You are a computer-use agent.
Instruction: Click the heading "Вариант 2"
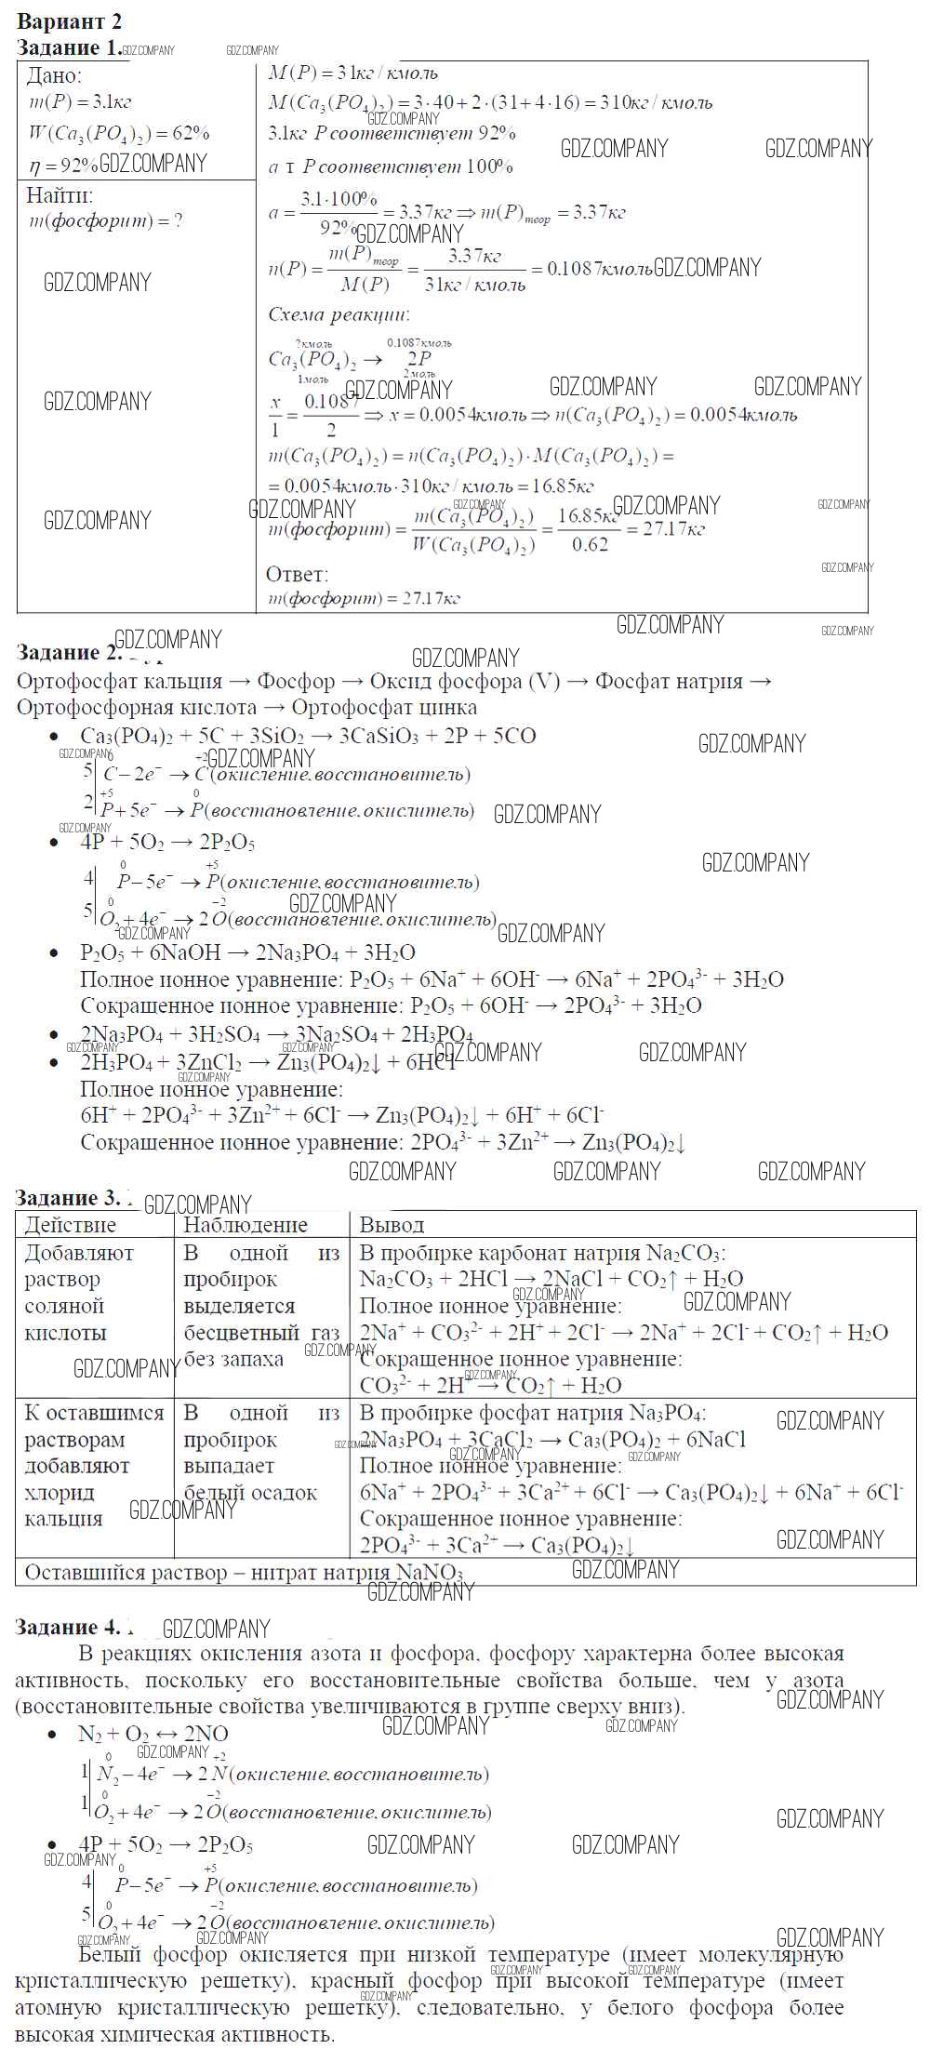(70, 21)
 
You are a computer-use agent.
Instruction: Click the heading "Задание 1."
(69, 48)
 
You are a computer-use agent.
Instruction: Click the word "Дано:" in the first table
(54, 76)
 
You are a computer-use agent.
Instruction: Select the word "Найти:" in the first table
(60, 195)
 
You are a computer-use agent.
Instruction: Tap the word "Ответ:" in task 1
(298, 574)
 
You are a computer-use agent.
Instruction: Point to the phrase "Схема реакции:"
(339, 314)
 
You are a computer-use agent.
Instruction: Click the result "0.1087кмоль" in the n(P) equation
(600, 269)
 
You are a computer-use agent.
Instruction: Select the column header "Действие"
(71, 1225)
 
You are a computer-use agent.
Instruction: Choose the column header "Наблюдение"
(245, 1225)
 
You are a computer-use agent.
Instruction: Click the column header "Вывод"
(392, 1225)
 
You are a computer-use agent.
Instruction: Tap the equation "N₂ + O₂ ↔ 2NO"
(153, 1734)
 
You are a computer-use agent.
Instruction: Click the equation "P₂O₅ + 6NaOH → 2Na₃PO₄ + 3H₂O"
(247, 952)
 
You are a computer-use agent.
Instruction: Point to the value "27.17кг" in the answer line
(431, 598)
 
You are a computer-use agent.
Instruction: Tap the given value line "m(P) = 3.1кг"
(80, 103)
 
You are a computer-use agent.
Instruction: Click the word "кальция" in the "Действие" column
(63, 1519)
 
